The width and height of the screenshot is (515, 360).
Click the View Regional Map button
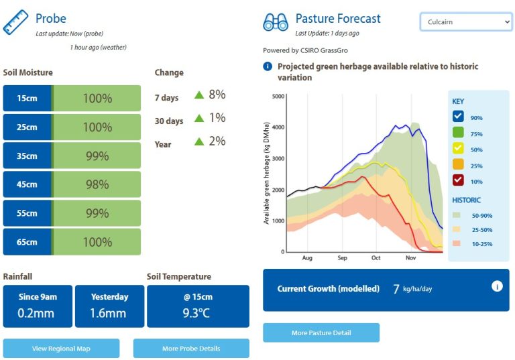click(61, 348)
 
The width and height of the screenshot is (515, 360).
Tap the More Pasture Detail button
click(321, 333)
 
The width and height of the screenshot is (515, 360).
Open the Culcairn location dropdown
click(466, 21)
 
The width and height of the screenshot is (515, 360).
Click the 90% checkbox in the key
click(458, 116)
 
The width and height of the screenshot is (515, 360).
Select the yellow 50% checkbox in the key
click(458, 148)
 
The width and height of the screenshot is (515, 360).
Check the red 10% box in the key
click(458, 180)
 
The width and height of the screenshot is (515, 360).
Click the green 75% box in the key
click(458, 132)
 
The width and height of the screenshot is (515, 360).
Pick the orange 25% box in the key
click(458, 164)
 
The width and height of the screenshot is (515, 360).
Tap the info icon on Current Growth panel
click(497, 286)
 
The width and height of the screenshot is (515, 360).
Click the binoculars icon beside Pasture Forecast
click(276, 22)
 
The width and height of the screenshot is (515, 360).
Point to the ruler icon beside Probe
click(15, 22)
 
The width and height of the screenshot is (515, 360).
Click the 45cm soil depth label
click(27, 184)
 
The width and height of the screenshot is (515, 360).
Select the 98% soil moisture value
click(97, 184)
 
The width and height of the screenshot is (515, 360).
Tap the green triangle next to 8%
click(199, 95)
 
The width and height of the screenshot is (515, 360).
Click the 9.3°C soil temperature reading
click(196, 313)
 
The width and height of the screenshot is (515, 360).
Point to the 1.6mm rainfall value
click(108, 313)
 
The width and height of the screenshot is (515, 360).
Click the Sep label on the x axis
click(342, 258)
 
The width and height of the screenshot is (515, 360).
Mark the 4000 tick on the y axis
click(278, 127)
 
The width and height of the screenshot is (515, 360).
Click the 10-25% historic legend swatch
click(456, 243)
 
